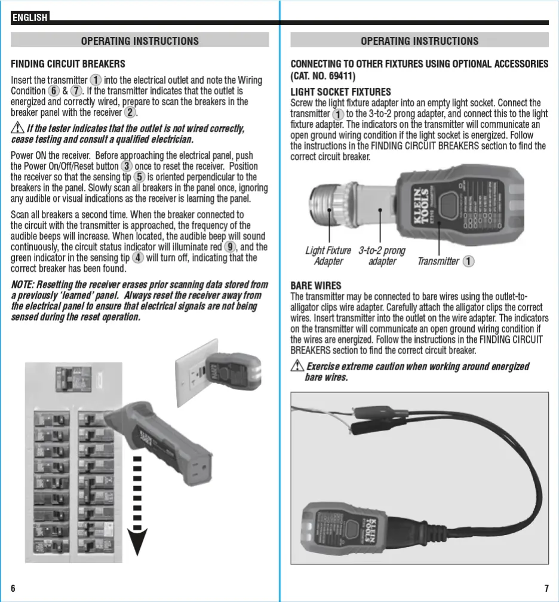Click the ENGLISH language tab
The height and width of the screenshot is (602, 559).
30,17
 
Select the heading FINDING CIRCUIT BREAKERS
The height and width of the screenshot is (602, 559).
68,64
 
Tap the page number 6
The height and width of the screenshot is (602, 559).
13,588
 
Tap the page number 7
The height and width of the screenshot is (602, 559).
546,588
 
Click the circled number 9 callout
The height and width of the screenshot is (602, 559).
230,247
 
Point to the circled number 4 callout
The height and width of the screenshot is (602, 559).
138,258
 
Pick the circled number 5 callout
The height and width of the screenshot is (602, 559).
139,177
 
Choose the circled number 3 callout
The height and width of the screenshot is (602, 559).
127,166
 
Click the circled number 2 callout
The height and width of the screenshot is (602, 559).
130,112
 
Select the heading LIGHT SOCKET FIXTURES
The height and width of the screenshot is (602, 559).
340,92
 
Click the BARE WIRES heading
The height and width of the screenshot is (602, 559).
316,285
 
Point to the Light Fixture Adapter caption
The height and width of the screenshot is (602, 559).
328,256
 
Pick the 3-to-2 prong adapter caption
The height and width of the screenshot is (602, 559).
382,256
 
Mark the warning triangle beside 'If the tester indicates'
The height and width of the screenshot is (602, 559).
17,129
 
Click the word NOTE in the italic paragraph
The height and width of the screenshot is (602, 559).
23,285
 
